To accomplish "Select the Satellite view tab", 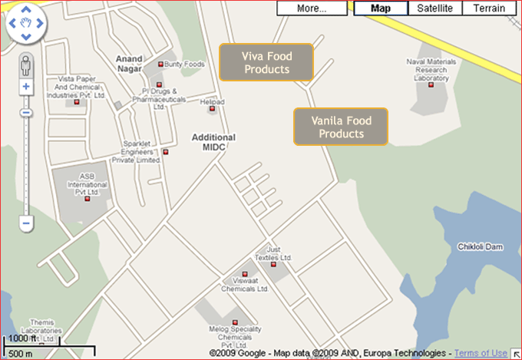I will coord(435,8).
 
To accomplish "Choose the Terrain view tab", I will coord(489,8).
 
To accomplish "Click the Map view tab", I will coord(380,8).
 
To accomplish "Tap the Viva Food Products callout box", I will coord(266,62).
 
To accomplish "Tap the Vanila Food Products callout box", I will coord(341,127).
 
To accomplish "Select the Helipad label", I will coord(212,101).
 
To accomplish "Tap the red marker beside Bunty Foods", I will coord(160,64).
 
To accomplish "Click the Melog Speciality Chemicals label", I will coord(235,333).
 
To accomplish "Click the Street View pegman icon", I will coord(26,63).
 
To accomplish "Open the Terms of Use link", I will coord(481,353).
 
